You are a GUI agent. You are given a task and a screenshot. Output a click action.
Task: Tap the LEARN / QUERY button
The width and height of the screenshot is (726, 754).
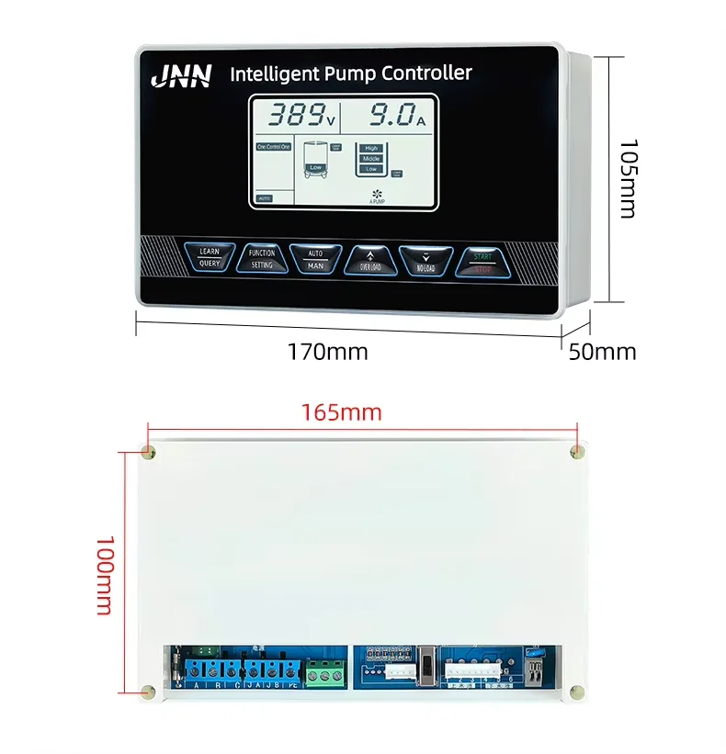click(210, 256)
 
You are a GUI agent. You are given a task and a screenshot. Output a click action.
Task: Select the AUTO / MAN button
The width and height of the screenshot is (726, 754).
click(315, 258)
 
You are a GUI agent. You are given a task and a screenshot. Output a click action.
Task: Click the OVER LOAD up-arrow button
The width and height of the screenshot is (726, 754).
click(370, 261)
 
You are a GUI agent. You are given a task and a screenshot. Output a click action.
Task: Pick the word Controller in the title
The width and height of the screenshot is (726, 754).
click(426, 73)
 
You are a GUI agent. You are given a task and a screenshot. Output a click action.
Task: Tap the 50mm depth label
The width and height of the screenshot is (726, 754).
click(602, 352)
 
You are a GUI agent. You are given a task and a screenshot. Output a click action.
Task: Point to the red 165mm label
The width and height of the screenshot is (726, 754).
click(341, 412)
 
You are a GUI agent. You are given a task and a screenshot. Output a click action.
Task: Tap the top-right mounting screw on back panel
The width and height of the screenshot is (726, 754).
click(576, 450)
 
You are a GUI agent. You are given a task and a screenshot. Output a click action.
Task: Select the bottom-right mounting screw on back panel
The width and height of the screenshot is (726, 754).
click(576, 692)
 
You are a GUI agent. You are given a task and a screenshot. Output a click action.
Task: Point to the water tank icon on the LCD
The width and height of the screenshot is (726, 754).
click(315, 161)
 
